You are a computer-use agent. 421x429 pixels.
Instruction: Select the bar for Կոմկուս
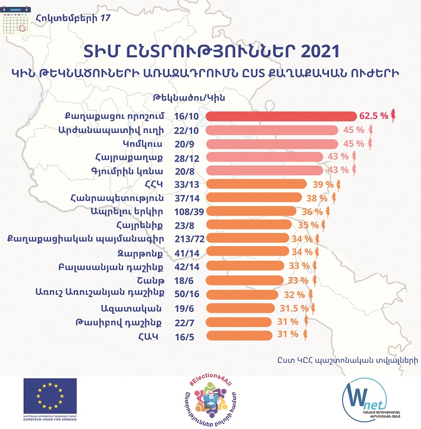click(272, 144)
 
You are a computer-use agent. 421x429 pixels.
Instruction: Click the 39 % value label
click(323, 184)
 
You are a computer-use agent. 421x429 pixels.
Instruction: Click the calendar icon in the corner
click(15, 22)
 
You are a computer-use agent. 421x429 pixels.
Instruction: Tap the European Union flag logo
click(50, 395)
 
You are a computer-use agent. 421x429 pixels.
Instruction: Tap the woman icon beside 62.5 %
click(393, 116)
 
